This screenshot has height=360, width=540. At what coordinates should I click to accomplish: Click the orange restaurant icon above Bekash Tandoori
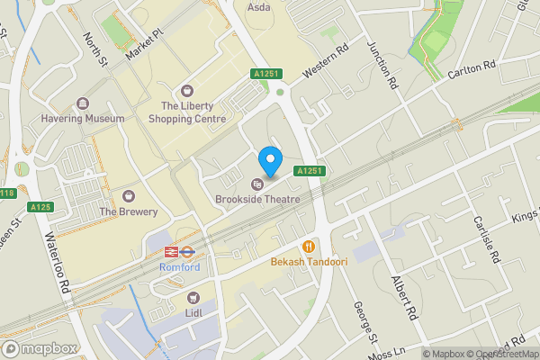pos(309,245)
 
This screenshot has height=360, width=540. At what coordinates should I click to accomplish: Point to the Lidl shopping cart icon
pos(193,297)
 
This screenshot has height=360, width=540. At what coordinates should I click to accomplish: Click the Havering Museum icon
pos(83,104)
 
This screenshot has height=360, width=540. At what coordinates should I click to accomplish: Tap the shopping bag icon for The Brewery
pos(129,196)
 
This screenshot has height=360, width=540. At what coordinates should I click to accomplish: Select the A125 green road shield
pos(39,207)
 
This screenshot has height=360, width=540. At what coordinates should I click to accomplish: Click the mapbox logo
pos(39,348)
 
